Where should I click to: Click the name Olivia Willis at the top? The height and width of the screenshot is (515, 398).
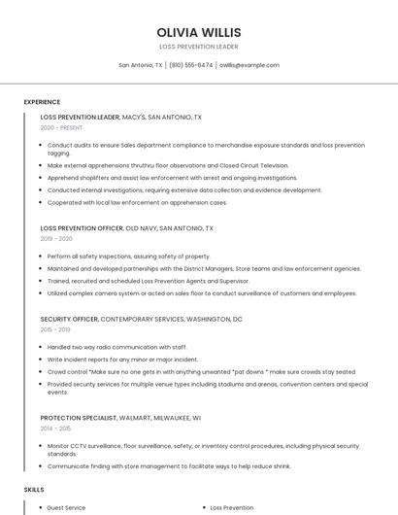(198, 32)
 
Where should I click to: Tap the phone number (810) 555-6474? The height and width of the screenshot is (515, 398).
(190, 65)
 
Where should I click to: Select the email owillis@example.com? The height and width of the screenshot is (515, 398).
(249, 65)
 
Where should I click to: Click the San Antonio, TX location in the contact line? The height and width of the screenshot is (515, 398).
(140, 65)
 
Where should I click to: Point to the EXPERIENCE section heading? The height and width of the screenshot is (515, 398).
(42, 102)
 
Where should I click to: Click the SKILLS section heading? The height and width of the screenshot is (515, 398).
(34, 490)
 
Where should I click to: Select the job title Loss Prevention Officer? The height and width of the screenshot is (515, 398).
(82, 228)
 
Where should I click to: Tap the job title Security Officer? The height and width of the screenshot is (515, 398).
(69, 319)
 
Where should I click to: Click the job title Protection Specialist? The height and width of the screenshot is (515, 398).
(78, 417)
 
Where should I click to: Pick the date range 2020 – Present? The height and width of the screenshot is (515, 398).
(61, 127)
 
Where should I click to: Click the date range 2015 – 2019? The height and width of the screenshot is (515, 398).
(56, 329)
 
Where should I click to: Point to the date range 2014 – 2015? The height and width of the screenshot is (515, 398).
(56, 428)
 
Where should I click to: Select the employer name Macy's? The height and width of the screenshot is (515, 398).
(134, 117)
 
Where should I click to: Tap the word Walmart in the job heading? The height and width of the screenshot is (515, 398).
(135, 417)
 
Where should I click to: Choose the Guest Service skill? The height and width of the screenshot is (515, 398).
(66, 507)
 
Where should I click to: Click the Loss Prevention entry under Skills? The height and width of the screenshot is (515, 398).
(232, 507)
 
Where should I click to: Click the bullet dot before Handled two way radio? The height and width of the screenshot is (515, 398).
(42, 347)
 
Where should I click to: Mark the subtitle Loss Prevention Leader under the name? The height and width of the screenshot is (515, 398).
(198, 47)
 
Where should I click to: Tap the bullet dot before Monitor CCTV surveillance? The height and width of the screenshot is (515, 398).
(42, 445)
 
